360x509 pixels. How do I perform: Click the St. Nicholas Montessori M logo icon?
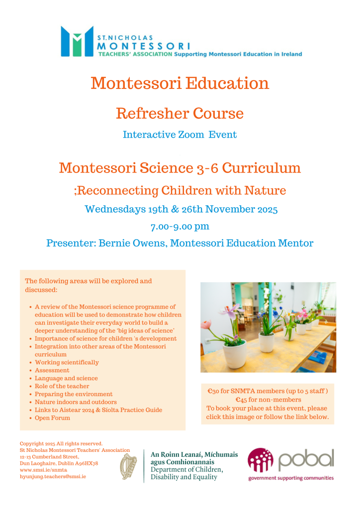coord(77,41)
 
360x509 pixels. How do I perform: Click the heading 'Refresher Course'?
coord(180,113)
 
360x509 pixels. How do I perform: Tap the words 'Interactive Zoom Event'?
coord(180,134)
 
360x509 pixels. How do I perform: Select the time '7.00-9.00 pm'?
coord(180,227)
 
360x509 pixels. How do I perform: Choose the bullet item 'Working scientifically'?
coord(67,362)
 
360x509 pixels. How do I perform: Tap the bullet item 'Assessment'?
coord(52,370)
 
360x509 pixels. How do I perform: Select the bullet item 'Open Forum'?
coord(52,418)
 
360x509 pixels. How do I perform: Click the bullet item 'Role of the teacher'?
coord(62,386)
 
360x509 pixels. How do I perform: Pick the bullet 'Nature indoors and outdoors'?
coord(76,402)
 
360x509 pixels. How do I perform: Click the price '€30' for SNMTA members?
coord(214,392)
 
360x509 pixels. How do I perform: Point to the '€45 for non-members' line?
coord(268,400)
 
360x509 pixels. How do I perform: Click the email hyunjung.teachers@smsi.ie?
coord(53,476)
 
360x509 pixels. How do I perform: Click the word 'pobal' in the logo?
coord(305,460)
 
